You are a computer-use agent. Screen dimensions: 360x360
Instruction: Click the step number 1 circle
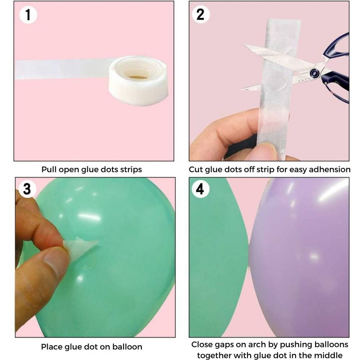pos(28,15)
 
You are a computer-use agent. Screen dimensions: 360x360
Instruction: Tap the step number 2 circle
pos(200,14)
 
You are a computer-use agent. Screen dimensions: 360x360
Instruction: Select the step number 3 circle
pos(27,189)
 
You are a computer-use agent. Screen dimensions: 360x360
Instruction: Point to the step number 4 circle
pos(200,189)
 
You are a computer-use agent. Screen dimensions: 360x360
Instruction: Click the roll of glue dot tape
pos(138,81)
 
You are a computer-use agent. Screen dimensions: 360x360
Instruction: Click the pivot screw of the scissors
pos(315,73)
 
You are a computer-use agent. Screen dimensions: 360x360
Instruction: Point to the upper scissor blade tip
pos(244,45)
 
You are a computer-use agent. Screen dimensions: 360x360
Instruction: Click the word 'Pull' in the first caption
pos(49,170)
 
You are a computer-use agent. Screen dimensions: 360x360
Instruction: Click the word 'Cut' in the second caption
pos(196,170)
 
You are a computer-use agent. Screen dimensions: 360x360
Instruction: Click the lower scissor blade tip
pos(242,89)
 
